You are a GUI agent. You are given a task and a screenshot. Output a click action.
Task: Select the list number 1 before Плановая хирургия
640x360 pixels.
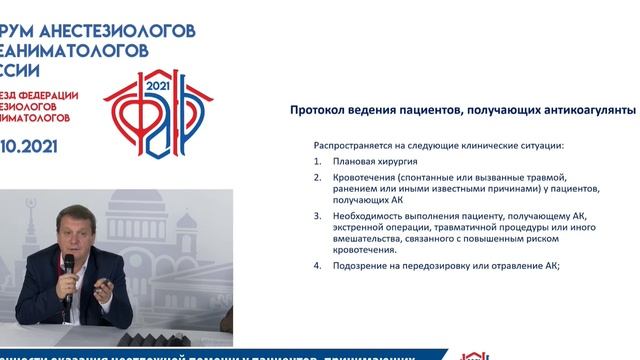coord(317,160)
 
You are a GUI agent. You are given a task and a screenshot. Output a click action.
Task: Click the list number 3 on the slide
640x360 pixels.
coord(317,215)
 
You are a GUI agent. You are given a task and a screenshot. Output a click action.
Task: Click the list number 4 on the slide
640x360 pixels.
coord(317,265)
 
